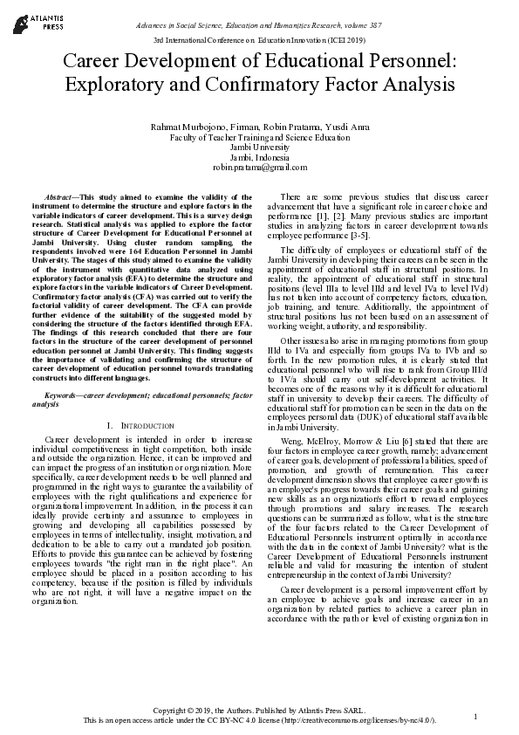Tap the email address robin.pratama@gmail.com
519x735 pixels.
pyautogui.click(x=259, y=167)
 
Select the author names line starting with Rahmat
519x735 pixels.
pyautogui.click(x=259, y=127)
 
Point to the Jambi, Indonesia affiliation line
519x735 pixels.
pyautogui.click(x=259, y=157)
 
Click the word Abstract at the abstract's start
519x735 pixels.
pyautogui.click(x=59, y=189)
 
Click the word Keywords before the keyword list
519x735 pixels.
pyautogui.click(x=63, y=395)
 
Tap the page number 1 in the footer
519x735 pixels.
pyautogui.click(x=475, y=717)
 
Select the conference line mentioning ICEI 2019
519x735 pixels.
pyautogui.click(x=259, y=40)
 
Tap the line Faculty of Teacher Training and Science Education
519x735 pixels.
pyautogui.click(x=259, y=138)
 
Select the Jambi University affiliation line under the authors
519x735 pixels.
pyautogui.click(x=259, y=148)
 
